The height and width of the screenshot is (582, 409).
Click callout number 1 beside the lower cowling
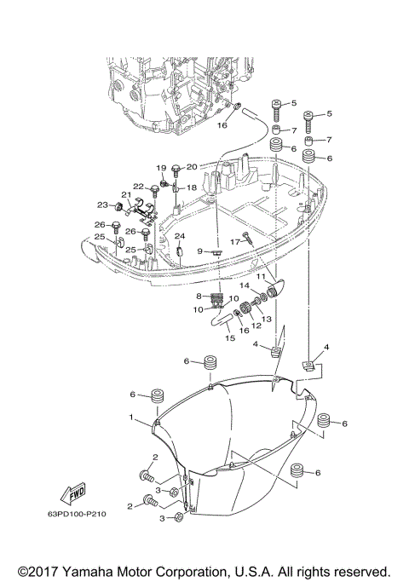132,418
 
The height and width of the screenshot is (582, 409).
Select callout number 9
200,251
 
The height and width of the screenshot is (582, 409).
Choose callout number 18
192,187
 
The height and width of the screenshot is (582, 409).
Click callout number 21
124,195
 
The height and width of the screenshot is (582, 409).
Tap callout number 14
243,285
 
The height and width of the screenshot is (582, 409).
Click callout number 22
137,186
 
